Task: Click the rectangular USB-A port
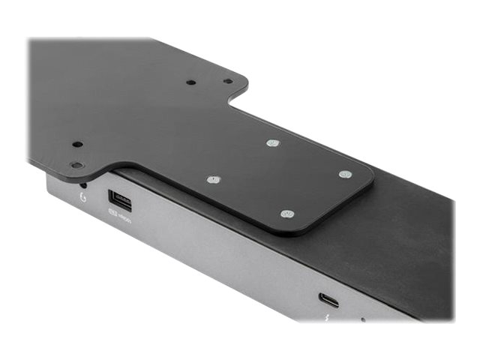pos(120,199)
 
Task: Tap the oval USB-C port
pos(328,300)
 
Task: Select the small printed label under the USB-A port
pos(120,218)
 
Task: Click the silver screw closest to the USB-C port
pos(286,214)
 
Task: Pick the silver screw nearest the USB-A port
pos(214,180)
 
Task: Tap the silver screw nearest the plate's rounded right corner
pos(344,174)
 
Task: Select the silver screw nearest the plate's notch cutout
pos(272,142)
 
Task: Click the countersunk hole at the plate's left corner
pos(76,164)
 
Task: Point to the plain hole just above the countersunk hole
pos(76,144)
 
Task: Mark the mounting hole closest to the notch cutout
pos(227,81)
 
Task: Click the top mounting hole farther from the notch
pos(190,82)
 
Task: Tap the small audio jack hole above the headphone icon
pos(82,184)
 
